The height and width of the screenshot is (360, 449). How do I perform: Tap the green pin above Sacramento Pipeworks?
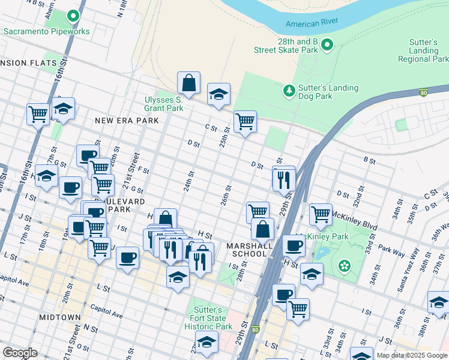(73, 16)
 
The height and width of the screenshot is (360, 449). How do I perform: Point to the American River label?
(312, 23)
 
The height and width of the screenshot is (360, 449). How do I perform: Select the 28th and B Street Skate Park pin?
(327, 44)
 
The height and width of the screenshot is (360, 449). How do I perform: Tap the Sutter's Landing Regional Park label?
(423, 51)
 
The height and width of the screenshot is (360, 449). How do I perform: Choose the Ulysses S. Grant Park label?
(163, 104)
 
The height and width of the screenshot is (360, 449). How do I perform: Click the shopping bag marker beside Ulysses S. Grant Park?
(188, 85)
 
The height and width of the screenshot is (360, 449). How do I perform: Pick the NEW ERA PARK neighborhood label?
(127, 121)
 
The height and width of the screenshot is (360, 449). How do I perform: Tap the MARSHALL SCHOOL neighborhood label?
(246, 249)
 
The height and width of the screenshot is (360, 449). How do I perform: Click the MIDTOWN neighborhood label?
(59, 317)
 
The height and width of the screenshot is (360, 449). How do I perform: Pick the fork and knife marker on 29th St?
(284, 179)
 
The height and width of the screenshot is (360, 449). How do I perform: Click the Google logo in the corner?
(20, 353)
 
